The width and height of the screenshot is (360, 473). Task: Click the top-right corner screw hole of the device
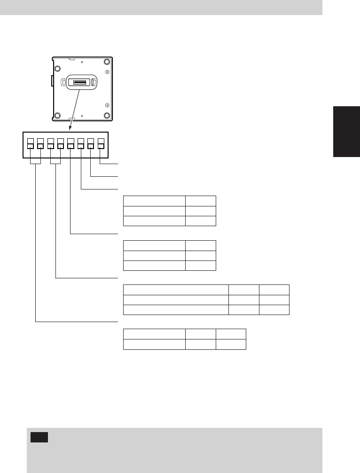coord(107,62)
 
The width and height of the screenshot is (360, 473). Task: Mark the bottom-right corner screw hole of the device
coord(107,116)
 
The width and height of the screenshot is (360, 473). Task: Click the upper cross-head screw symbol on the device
coord(107,72)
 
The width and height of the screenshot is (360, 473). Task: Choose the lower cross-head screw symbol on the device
coord(107,105)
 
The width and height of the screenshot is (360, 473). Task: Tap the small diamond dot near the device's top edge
coord(82,62)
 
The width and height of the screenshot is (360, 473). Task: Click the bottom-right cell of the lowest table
coord(231,344)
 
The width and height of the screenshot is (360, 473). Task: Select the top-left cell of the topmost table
coord(154,201)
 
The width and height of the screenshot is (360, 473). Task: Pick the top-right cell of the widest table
coord(274,290)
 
